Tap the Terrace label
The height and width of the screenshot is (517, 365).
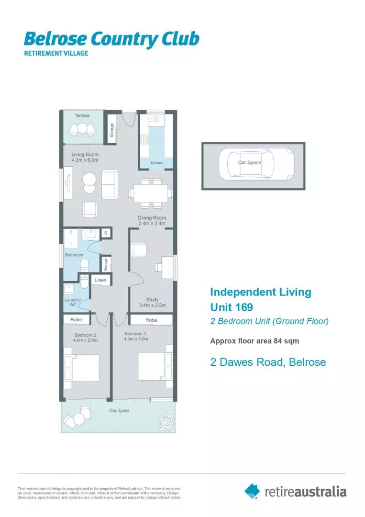(x=82, y=115)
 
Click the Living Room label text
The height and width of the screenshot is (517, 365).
(x=85, y=154)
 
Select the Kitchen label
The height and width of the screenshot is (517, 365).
(x=156, y=163)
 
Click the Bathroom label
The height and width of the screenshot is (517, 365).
(x=74, y=255)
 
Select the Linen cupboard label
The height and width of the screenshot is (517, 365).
(x=100, y=280)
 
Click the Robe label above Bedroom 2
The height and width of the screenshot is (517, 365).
(x=77, y=319)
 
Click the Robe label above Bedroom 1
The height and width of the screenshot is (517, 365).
(x=151, y=319)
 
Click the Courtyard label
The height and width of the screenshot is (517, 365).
(x=119, y=411)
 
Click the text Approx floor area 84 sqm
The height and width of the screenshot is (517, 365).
(x=254, y=341)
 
